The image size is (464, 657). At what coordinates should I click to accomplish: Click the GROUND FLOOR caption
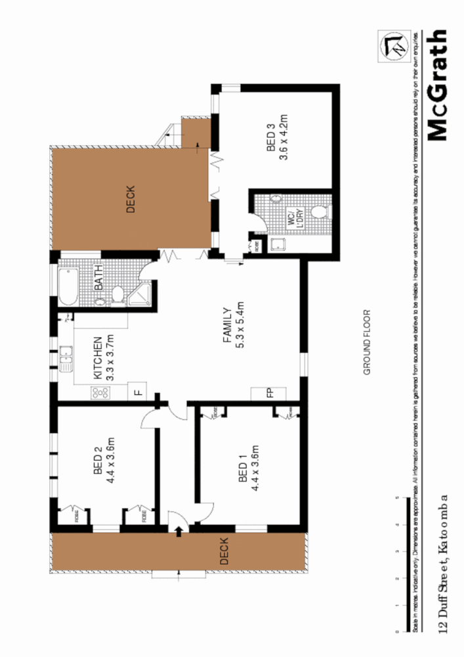[x=368, y=342]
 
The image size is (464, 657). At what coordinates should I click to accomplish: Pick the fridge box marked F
[x=138, y=392]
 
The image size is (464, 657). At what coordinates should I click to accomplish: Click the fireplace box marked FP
[x=268, y=394]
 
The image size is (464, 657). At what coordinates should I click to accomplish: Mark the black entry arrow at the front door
[x=178, y=532]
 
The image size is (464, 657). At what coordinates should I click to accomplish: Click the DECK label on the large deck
[x=130, y=200]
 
